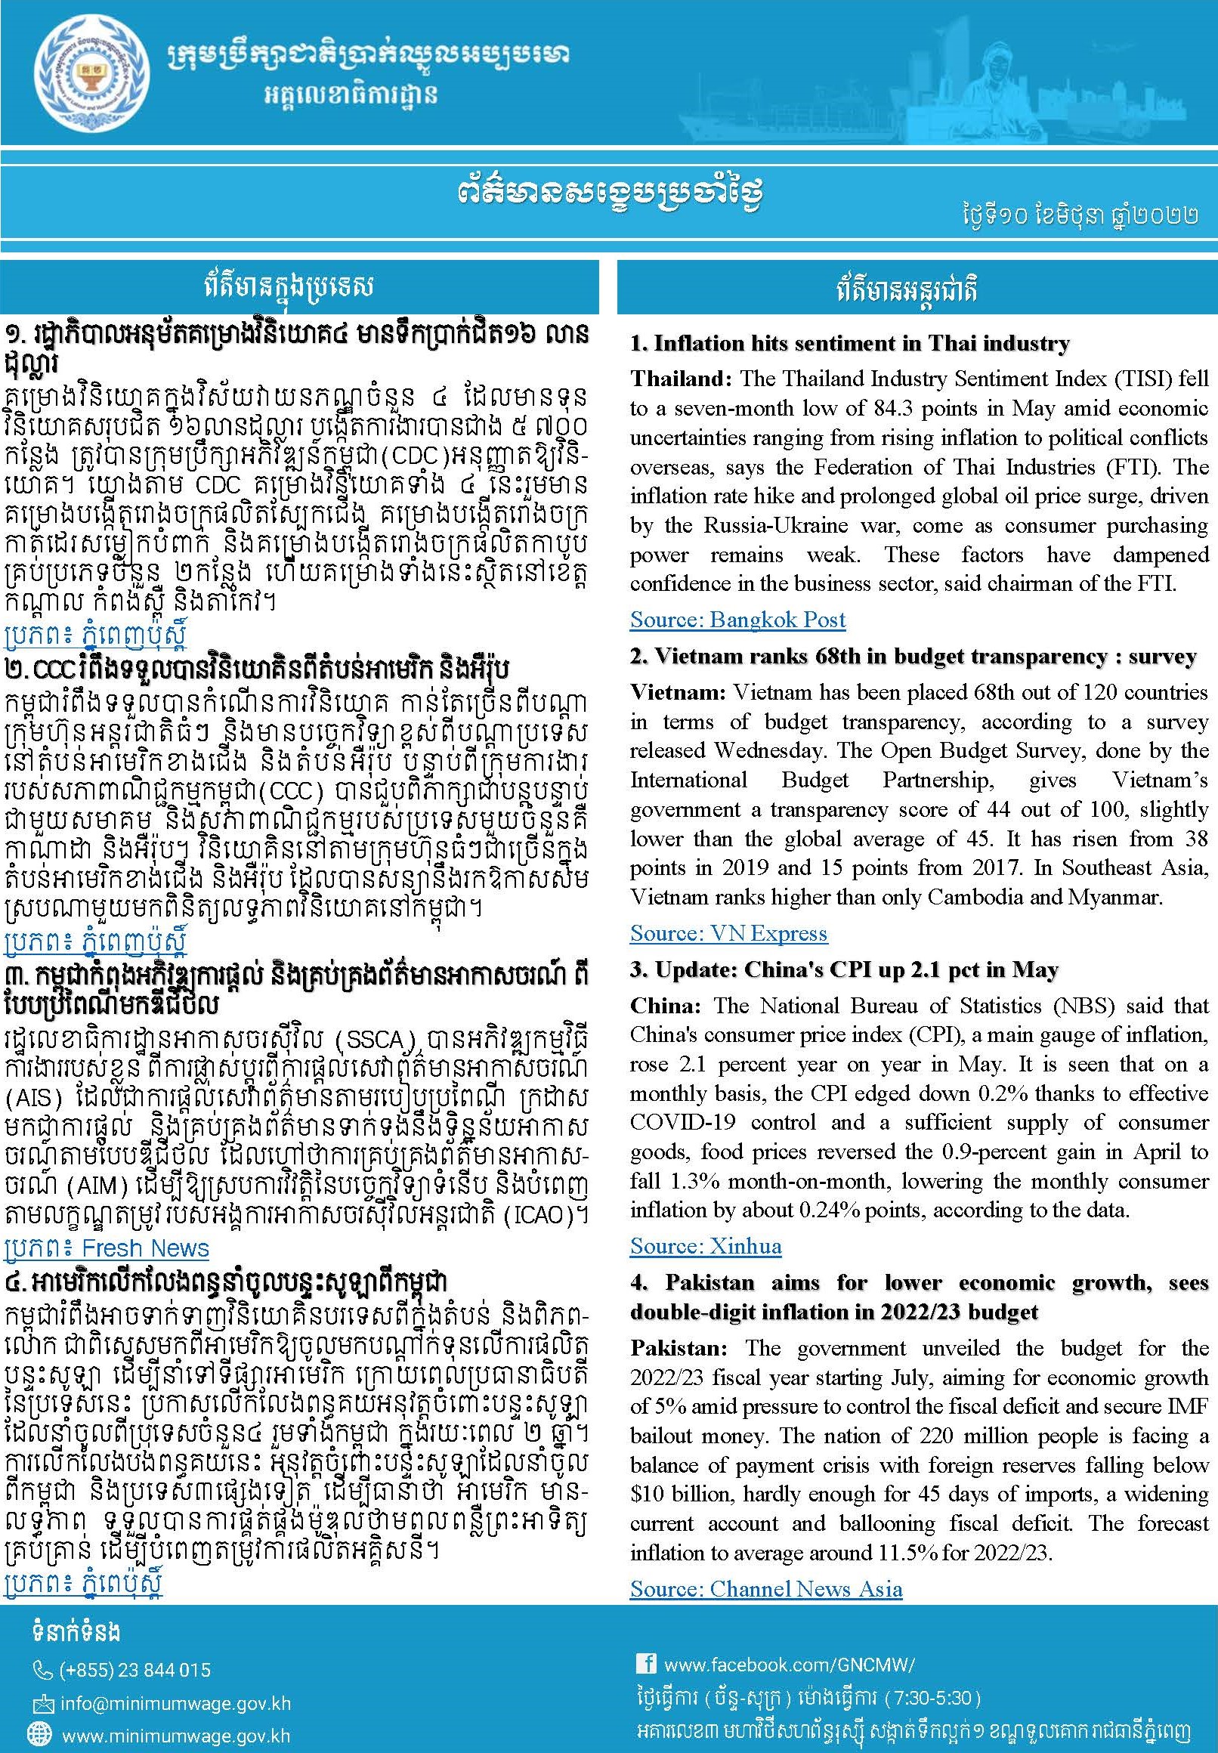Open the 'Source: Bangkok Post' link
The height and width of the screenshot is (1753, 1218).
737,620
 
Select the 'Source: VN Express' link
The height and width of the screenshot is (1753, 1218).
728,933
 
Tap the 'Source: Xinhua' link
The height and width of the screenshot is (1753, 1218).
705,1246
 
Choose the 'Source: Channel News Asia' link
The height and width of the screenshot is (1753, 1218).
765,1589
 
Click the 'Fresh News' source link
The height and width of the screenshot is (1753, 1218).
145,1248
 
